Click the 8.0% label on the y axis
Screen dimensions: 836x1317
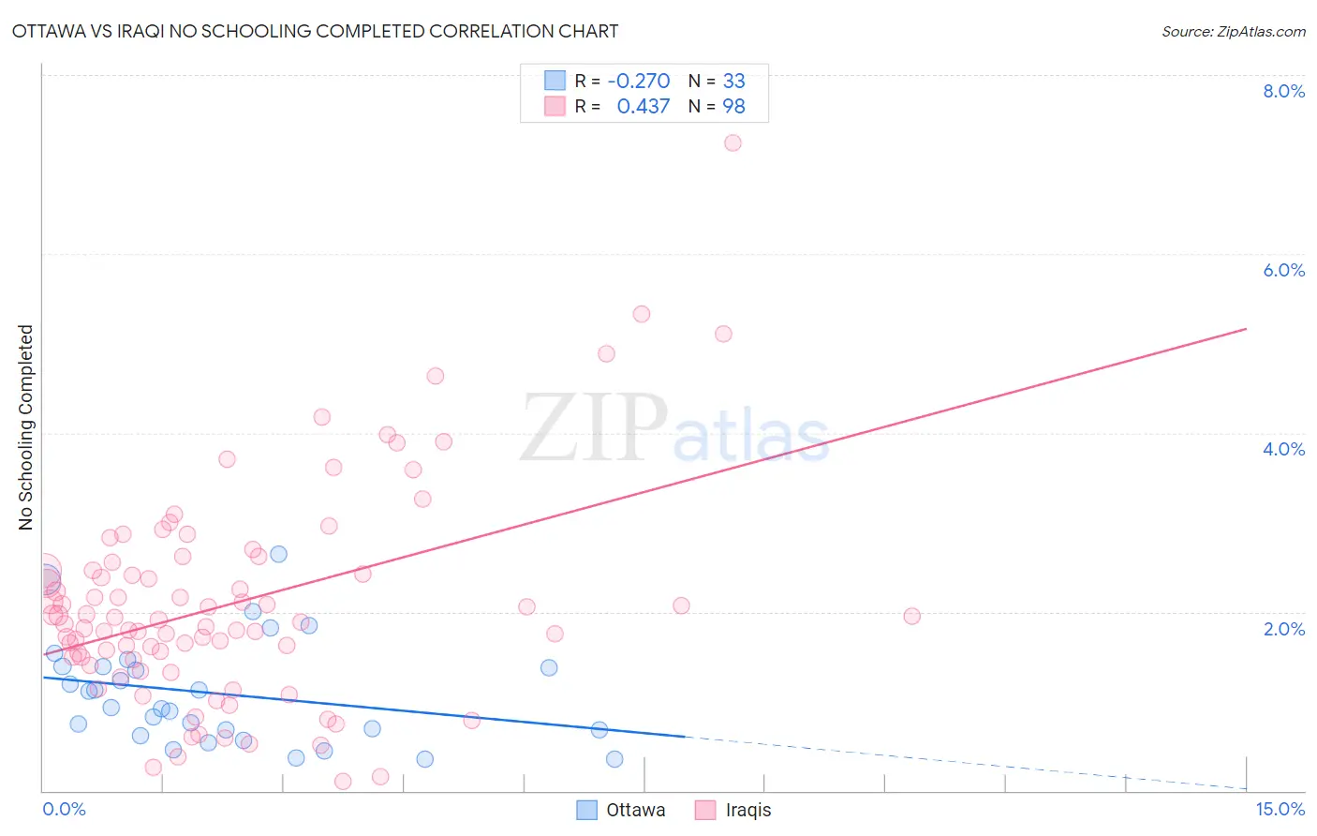tap(1283, 91)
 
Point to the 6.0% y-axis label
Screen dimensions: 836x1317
tap(1283, 270)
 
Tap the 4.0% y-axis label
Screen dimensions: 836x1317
tap(1283, 449)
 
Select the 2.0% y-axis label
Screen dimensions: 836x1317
tap(1283, 629)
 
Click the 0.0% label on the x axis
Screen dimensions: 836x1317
tap(64, 809)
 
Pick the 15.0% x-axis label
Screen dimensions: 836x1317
tap(1280, 809)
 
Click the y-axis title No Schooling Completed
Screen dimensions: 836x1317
tap(26, 427)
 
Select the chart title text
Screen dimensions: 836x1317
tap(315, 31)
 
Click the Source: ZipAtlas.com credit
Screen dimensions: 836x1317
tap(1233, 32)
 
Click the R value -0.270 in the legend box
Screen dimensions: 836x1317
tap(638, 81)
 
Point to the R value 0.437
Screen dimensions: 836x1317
tap(643, 107)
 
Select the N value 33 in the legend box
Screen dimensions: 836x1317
tap(733, 81)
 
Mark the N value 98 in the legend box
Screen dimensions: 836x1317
tap(733, 107)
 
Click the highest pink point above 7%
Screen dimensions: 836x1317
tap(732, 142)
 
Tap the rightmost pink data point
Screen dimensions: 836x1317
tap(911, 616)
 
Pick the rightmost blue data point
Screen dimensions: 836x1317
tap(614, 759)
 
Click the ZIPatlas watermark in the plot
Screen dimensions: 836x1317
tap(674, 428)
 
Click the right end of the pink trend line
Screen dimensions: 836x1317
tap(1246, 329)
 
